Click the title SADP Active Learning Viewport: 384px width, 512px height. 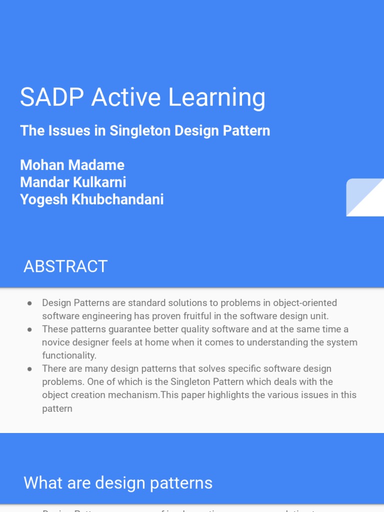(142, 97)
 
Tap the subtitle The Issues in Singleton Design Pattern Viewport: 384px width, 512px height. (145, 131)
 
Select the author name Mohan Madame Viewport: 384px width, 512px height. (72, 165)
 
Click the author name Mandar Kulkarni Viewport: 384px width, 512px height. (73, 182)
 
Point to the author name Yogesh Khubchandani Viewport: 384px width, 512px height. (91, 199)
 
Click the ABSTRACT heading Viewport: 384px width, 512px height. (65, 266)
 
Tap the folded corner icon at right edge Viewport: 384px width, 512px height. (365, 197)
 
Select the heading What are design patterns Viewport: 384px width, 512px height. (118, 483)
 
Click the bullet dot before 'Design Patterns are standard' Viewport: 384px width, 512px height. (30, 303)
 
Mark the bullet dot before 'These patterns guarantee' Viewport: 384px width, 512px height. (30, 329)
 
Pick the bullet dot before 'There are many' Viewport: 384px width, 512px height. (30, 368)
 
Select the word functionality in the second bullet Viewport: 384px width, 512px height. (68, 355)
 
